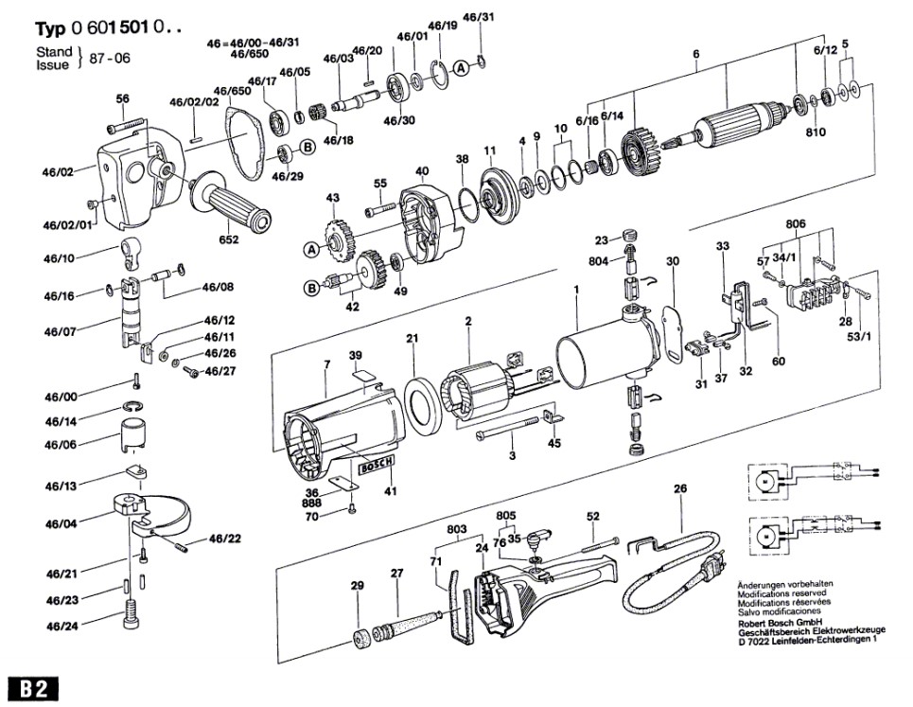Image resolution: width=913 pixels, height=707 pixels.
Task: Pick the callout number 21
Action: (413, 339)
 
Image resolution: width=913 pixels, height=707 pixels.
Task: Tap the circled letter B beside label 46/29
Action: (307, 147)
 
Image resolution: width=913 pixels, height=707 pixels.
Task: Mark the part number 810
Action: (816, 133)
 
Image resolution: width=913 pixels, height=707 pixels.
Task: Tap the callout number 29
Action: (357, 587)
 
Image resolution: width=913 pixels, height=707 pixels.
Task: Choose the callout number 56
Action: (122, 98)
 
